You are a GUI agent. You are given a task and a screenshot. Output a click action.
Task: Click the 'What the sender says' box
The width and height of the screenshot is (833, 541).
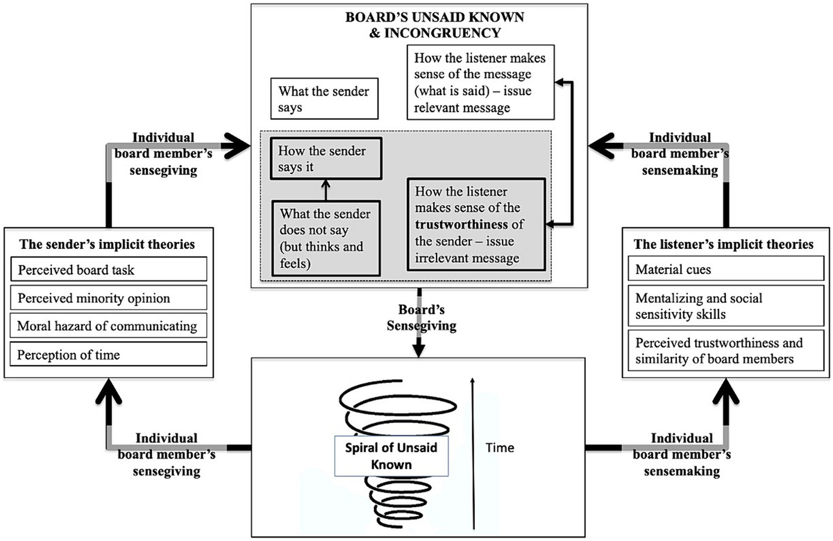[323, 99]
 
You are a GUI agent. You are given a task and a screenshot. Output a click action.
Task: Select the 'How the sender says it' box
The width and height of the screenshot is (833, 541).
[326, 160]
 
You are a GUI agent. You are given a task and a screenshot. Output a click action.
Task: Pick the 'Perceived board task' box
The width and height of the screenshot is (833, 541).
[108, 269]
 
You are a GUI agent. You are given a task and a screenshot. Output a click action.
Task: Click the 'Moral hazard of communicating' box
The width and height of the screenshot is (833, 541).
[108, 325]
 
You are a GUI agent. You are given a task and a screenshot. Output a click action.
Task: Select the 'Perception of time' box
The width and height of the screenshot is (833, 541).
[108, 354]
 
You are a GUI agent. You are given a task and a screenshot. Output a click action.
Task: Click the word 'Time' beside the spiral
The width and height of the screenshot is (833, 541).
[500, 447]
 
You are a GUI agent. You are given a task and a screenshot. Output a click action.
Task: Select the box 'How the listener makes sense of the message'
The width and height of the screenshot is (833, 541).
[480, 84]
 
